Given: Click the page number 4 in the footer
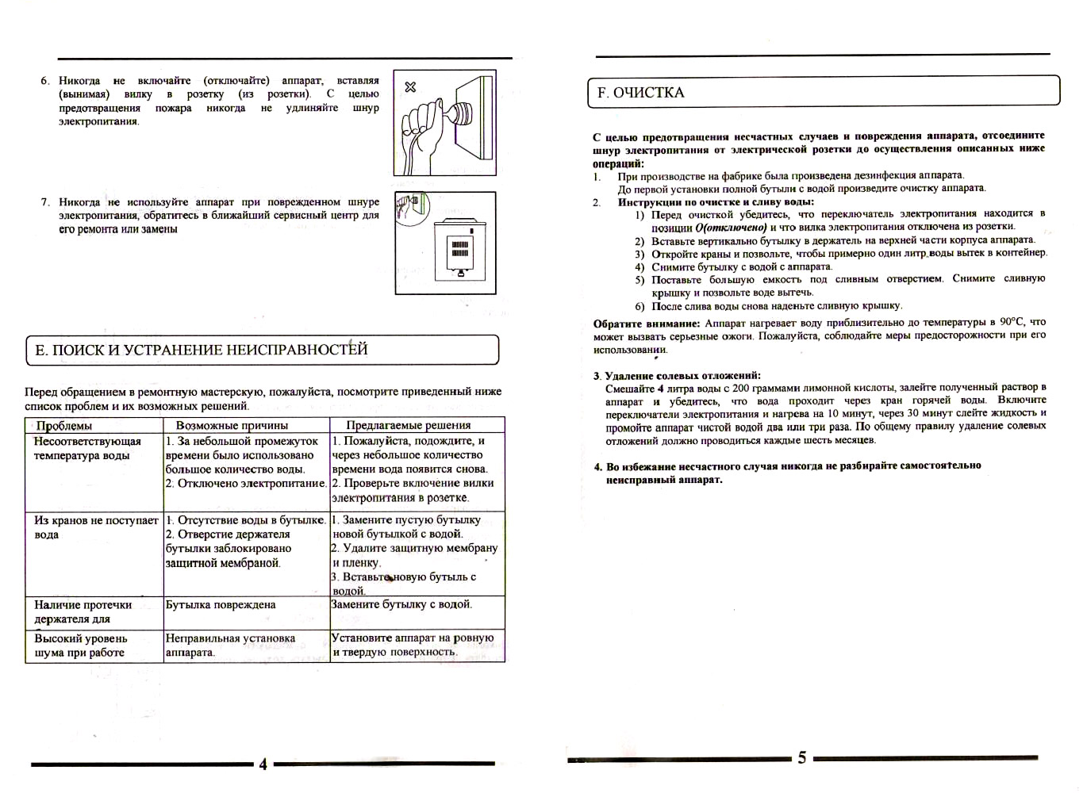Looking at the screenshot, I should click(263, 764).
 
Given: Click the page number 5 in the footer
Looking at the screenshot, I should click(801, 758).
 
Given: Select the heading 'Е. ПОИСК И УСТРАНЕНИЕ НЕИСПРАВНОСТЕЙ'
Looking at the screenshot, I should click(202, 350).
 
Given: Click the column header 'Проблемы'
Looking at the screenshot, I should click(64, 426).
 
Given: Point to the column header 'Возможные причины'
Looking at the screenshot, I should click(232, 426).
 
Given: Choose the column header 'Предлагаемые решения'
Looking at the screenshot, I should click(408, 426).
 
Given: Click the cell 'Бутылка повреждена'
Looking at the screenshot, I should click(221, 605).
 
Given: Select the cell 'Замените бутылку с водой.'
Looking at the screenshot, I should click(401, 605).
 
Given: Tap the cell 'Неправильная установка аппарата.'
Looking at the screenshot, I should click(230, 645).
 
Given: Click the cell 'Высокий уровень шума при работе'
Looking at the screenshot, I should click(80, 646).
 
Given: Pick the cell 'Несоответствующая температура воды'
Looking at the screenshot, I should click(87, 449).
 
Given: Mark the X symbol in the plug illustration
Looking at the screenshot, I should click(410, 86).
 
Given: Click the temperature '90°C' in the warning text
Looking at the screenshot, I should click(1012, 322).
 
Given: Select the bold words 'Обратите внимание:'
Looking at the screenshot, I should click(646, 324).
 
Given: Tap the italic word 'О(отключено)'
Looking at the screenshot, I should click(730, 228).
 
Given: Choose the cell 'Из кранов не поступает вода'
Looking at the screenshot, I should click(95, 527).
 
